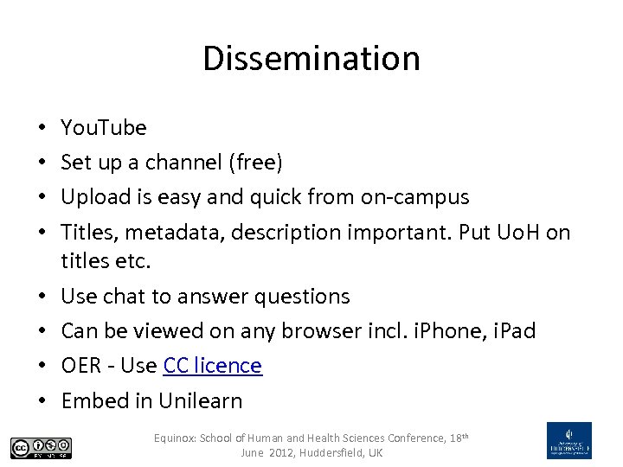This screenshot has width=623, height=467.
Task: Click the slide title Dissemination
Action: click(x=311, y=59)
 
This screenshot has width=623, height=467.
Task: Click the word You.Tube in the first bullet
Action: click(x=104, y=128)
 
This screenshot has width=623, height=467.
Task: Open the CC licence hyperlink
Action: click(x=212, y=366)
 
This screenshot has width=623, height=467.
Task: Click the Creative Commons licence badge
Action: click(x=42, y=447)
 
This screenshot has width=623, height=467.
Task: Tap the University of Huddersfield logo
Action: click(x=569, y=440)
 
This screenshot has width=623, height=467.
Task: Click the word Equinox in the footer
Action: click(x=176, y=438)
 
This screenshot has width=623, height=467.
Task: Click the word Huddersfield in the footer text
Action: click(x=332, y=453)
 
